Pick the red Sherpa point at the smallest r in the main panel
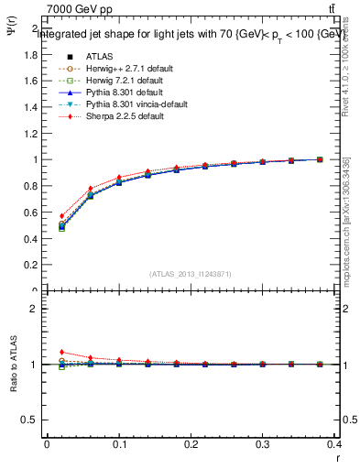(61, 216)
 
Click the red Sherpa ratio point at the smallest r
(61, 352)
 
